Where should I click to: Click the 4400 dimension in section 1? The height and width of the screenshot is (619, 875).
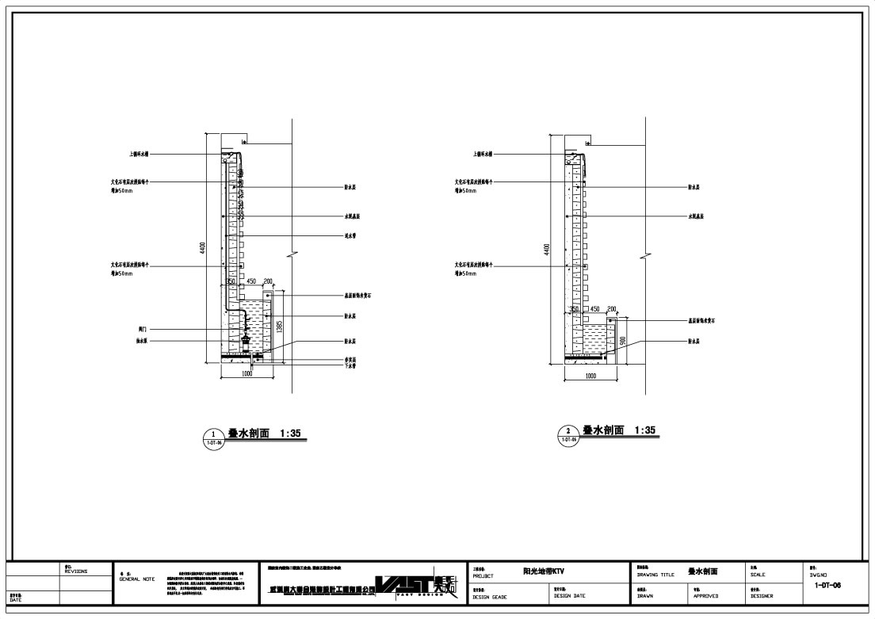click(x=203, y=247)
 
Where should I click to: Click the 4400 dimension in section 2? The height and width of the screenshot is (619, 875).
click(x=546, y=250)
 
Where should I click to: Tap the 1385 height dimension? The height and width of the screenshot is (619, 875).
click(x=278, y=327)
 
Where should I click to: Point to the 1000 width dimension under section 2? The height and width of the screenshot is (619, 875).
click(x=590, y=376)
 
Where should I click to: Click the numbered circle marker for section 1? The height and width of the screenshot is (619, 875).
click(x=214, y=436)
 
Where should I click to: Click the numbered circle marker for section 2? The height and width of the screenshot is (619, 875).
click(x=568, y=433)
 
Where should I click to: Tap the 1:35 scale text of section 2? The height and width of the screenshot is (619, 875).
click(x=644, y=430)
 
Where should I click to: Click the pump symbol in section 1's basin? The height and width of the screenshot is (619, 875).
click(x=246, y=338)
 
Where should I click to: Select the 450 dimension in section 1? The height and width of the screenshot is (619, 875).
click(x=250, y=281)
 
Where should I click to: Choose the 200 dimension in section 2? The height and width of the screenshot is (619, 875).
click(x=611, y=309)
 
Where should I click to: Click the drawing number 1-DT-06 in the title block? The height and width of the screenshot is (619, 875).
click(x=827, y=585)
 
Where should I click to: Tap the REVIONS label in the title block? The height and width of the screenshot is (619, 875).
click(x=77, y=571)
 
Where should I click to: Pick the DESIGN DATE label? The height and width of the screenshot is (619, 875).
click(x=569, y=596)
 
